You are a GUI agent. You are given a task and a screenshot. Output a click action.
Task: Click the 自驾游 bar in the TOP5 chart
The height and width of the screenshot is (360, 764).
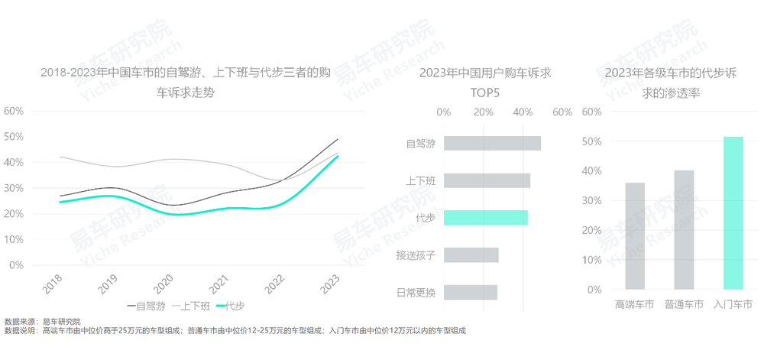(x=492, y=143)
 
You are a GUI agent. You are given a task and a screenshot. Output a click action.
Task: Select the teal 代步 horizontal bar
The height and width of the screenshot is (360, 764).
(x=485, y=218)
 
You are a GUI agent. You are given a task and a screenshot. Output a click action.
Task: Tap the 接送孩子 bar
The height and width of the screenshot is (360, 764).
(x=471, y=255)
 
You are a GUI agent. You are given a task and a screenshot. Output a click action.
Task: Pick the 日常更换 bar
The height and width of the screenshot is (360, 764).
(x=470, y=292)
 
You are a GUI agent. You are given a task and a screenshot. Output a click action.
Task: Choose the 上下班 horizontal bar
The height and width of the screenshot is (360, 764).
(x=487, y=180)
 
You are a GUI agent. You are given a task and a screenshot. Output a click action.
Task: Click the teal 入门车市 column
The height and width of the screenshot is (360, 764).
(x=733, y=213)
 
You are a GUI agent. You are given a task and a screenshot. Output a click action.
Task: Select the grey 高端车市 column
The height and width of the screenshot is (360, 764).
(x=635, y=236)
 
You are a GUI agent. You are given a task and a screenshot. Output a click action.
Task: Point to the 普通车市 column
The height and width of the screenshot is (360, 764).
(x=684, y=230)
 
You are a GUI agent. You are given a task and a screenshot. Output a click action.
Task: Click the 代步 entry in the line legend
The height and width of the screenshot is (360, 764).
(x=231, y=306)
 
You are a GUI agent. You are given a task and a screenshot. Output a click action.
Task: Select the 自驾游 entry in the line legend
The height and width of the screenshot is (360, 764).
(x=147, y=306)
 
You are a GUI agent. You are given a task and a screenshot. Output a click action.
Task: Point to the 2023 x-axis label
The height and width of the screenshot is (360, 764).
(x=329, y=284)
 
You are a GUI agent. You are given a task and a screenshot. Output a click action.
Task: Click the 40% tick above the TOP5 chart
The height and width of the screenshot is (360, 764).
(x=523, y=112)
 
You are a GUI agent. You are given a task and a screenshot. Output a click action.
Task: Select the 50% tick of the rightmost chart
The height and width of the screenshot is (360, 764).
(x=592, y=141)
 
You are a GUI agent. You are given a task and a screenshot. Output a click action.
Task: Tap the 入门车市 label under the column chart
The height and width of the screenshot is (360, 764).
(x=732, y=304)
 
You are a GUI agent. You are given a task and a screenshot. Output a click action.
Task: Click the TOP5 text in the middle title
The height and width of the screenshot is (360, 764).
(x=484, y=93)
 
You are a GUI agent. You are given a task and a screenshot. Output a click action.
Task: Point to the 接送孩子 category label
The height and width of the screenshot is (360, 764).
(x=415, y=255)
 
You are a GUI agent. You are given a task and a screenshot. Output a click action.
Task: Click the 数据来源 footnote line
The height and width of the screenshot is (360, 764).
(x=42, y=322)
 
